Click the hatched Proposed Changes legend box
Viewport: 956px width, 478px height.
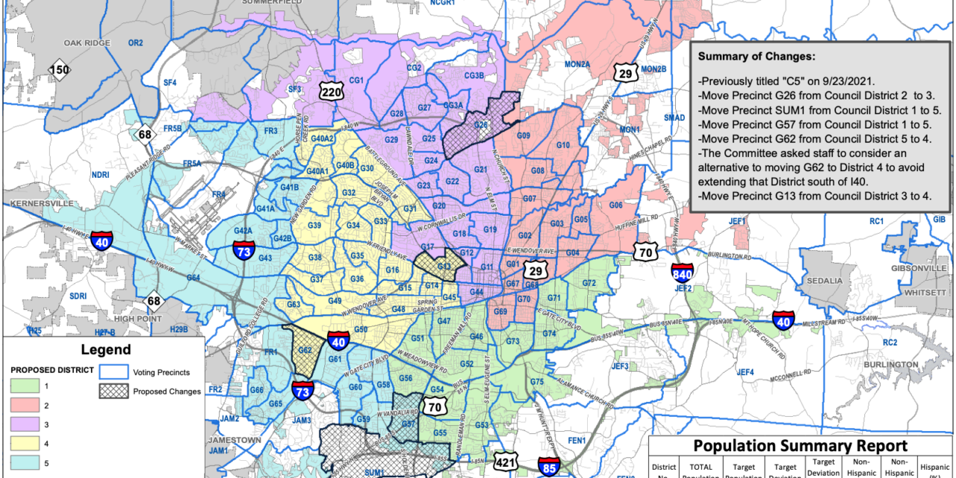(x=113, y=391)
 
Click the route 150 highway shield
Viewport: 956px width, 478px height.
(x=60, y=71)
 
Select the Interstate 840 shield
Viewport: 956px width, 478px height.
(x=682, y=273)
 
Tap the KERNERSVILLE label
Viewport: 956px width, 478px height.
(x=38, y=203)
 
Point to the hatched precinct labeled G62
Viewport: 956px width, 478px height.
(x=305, y=350)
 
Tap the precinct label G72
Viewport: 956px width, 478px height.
(x=589, y=283)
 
